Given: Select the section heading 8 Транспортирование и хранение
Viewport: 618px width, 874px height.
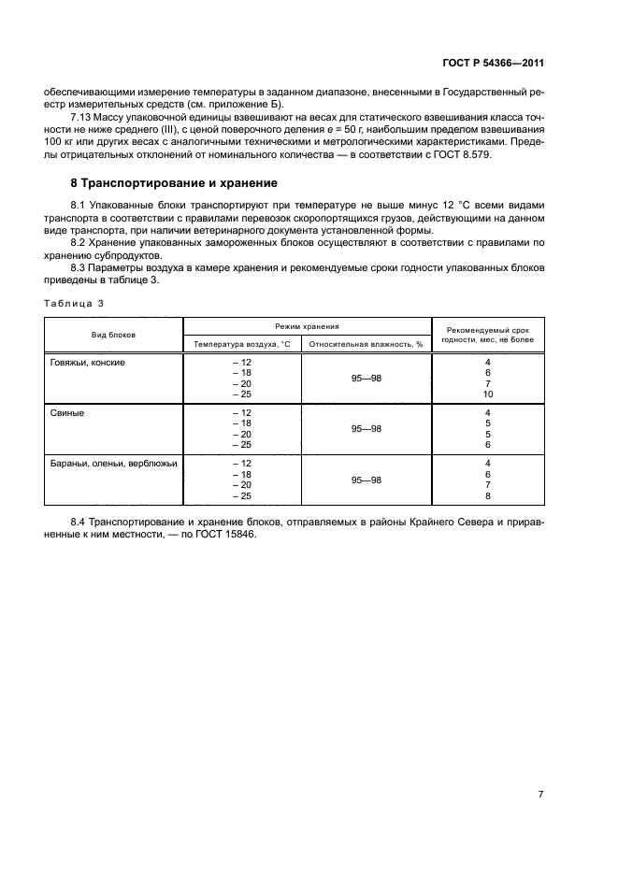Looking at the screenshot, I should tap(173, 182).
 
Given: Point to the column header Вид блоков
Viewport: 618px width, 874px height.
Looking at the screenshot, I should tap(113, 335).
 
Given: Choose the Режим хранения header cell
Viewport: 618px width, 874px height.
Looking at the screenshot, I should tap(307, 326).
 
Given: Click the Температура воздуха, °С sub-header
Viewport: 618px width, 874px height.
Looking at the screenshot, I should tap(242, 344).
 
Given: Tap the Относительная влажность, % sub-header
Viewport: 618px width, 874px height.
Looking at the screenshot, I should tap(366, 344).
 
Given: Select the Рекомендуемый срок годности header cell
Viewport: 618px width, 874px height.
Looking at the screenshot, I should tap(487, 335).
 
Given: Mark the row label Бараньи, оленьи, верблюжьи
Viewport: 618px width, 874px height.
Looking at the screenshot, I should tap(113, 463).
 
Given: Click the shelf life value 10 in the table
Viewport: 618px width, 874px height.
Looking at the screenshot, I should tap(487, 394).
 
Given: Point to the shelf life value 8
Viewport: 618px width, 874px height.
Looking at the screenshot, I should tap(487, 495).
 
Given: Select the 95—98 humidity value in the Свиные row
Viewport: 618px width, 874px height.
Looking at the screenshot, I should tap(366, 429).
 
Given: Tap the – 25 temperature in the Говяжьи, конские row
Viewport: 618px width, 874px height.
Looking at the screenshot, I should tap(241, 394).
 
